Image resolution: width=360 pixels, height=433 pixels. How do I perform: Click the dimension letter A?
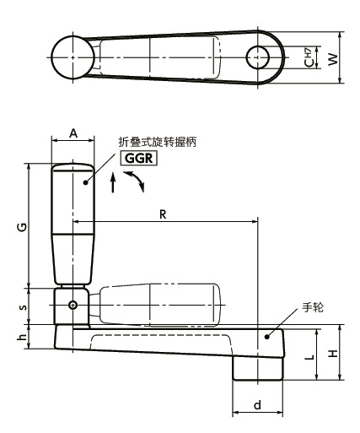tap(73, 133)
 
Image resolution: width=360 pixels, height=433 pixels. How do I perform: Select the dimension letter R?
tap(162, 214)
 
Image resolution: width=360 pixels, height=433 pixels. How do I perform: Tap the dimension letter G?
tap(22, 225)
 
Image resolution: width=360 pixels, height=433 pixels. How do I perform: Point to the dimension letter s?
tap(22, 306)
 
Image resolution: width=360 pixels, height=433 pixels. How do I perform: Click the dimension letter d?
tap(256, 406)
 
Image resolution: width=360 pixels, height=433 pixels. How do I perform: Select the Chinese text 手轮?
tap(313, 309)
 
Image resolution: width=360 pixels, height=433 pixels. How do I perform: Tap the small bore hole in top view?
tap(258, 57)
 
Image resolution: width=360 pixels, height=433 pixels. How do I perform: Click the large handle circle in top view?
tap(73, 57)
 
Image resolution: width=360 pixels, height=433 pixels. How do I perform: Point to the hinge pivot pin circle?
tap(73, 305)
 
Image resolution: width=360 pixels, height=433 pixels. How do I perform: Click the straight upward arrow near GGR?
tap(113, 185)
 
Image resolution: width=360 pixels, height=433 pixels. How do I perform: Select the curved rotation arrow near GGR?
tap(134, 180)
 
